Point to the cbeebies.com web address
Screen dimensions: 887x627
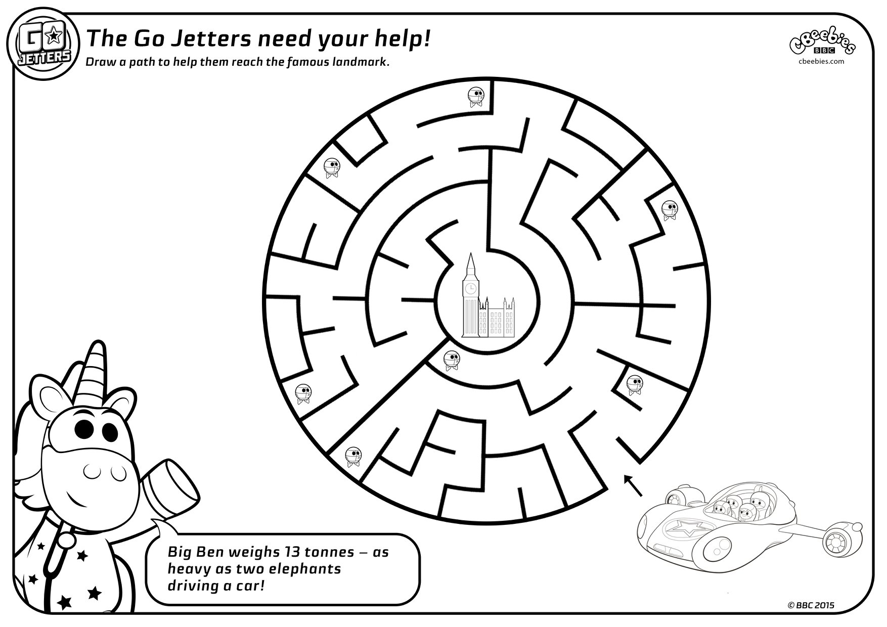pos(822,61)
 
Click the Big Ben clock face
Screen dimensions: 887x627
pos(470,289)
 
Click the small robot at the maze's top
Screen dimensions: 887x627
pos(475,97)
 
